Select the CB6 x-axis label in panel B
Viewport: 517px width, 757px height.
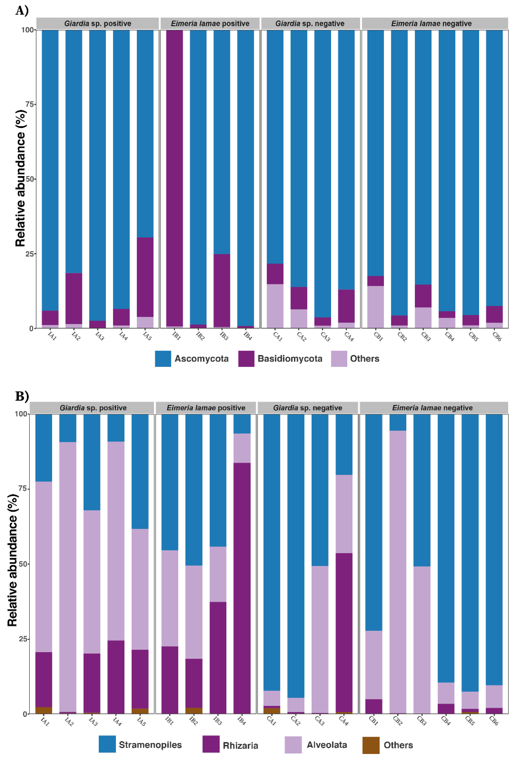tap(494, 721)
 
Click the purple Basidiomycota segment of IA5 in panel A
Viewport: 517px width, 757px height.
tap(145, 277)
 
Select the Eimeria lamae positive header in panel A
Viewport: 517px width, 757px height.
tap(210, 23)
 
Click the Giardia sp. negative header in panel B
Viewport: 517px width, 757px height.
tap(308, 408)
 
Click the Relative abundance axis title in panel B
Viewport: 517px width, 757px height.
tap(12, 560)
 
